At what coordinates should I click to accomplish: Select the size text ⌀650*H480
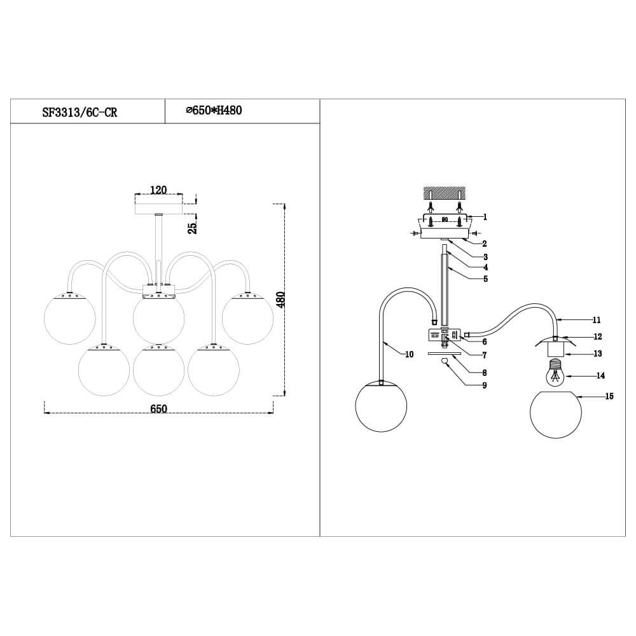coord(214,111)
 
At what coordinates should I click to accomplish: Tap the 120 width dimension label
coord(158,190)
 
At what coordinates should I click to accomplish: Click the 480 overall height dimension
coord(281,300)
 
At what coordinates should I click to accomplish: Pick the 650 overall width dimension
coord(158,409)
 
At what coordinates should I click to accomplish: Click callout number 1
coord(485,217)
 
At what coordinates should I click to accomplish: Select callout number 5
coord(485,279)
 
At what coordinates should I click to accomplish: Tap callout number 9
coord(485,385)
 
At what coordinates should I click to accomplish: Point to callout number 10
coord(409,354)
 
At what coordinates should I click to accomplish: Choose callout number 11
coord(597,320)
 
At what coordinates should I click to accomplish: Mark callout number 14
coord(600,376)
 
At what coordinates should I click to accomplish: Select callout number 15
coord(609,396)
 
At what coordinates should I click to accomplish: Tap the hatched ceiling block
coord(445,191)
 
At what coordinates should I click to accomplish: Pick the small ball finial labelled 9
coord(445,361)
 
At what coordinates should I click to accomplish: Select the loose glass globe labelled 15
coord(555,415)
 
